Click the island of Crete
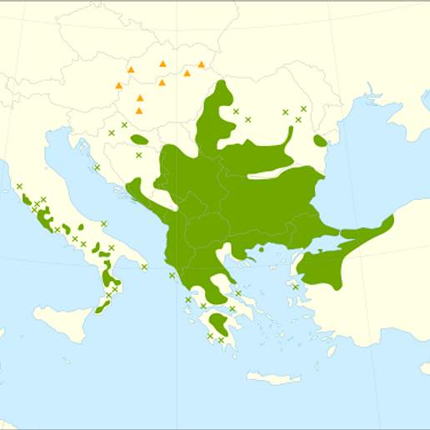[272, 377]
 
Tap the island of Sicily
[62, 321]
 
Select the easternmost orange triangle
[201, 64]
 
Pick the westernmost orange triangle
[119, 85]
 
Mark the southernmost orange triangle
[139, 110]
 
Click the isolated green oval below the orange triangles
[139, 140]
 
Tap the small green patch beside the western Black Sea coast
[320, 139]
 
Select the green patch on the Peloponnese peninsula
[220, 322]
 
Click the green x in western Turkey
[295, 287]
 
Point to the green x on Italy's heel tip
[144, 267]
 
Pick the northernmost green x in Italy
[19, 186]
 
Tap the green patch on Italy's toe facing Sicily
[102, 307]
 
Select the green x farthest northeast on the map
[303, 108]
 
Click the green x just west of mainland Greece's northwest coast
[172, 275]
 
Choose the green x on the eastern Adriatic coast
[97, 167]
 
